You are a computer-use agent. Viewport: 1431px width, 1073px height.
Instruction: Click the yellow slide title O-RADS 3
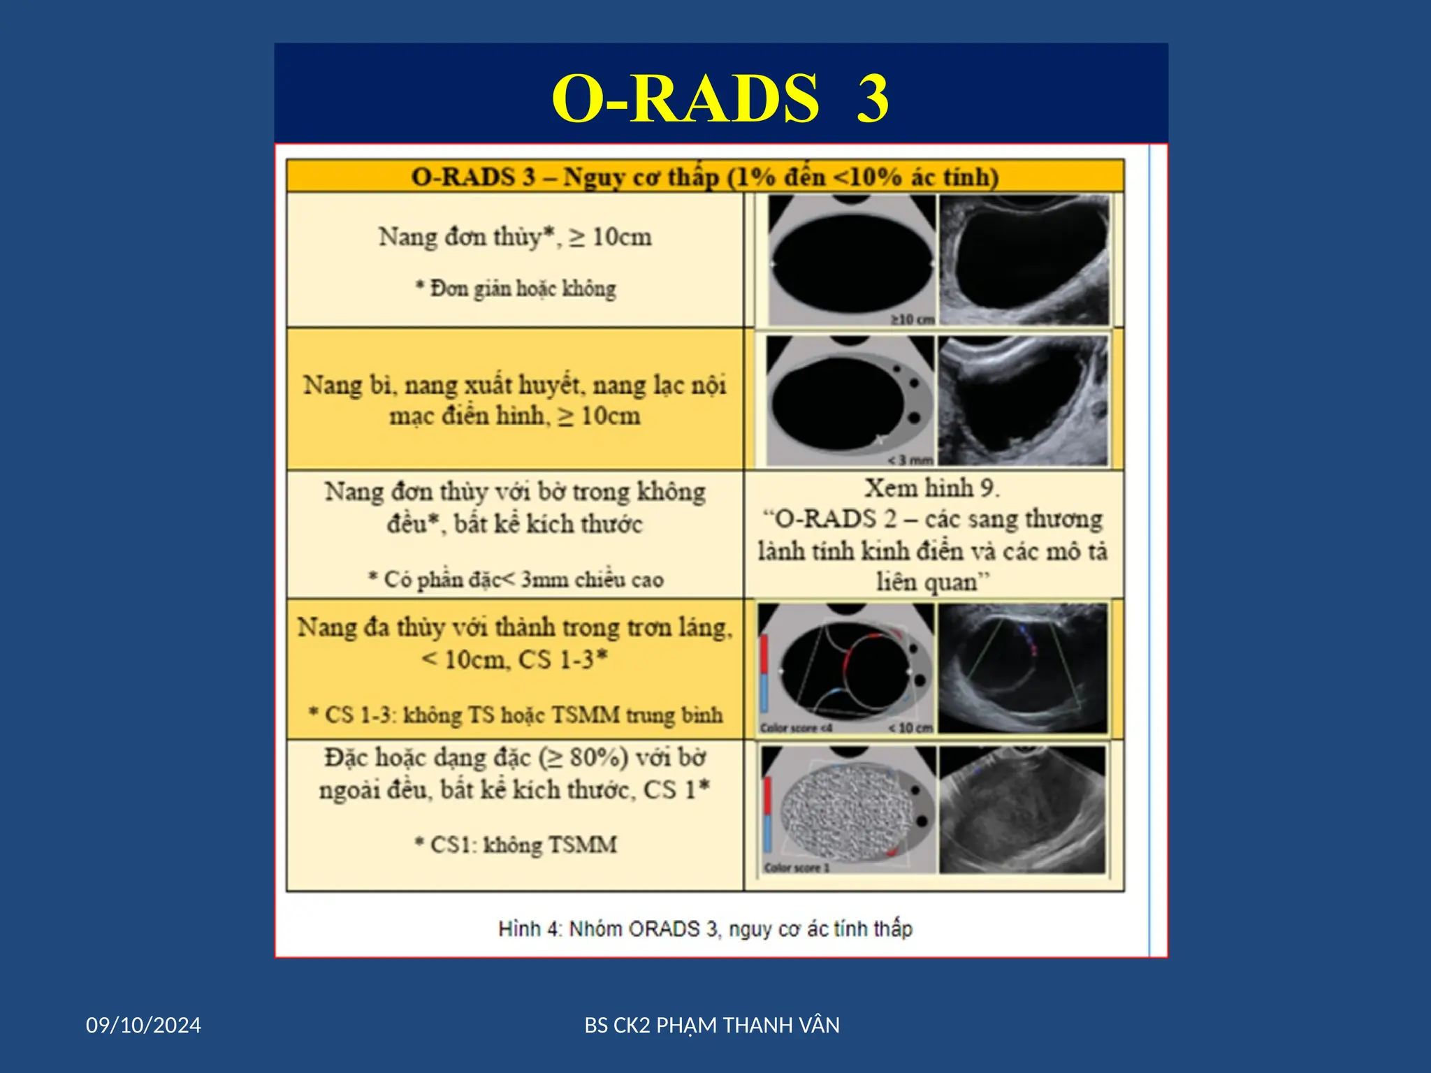click(720, 98)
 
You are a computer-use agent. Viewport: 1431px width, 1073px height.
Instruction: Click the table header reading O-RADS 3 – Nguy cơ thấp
click(704, 177)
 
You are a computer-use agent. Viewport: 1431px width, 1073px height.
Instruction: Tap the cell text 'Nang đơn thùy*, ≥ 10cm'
click(515, 238)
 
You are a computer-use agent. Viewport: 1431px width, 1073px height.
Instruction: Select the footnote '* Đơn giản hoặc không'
click(516, 289)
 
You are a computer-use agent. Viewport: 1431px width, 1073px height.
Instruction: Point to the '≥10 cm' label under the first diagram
click(912, 319)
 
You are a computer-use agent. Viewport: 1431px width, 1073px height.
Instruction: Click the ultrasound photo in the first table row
click(1024, 260)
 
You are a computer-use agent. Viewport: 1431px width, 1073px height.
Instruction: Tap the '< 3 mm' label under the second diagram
click(910, 460)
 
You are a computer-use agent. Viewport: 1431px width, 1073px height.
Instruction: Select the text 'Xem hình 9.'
click(932, 488)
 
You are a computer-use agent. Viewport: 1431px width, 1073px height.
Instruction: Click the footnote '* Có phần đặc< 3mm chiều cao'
click(516, 579)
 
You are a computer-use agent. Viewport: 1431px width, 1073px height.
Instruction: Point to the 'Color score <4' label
click(796, 728)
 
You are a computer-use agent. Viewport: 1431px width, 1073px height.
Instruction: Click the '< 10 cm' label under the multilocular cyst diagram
click(910, 728)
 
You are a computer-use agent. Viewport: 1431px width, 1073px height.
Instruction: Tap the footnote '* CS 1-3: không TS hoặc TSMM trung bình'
click(516, 715)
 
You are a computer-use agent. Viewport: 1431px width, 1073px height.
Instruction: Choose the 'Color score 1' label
click(797, 868)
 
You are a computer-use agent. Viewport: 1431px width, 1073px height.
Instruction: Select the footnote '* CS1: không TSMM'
click(516, 845)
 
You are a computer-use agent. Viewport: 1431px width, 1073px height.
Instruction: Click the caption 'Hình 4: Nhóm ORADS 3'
click(705, 928)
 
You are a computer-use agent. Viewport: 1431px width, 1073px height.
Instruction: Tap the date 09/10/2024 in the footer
click(143, 1025)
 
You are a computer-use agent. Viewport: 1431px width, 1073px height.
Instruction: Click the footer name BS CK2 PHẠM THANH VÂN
click(712, 1025)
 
